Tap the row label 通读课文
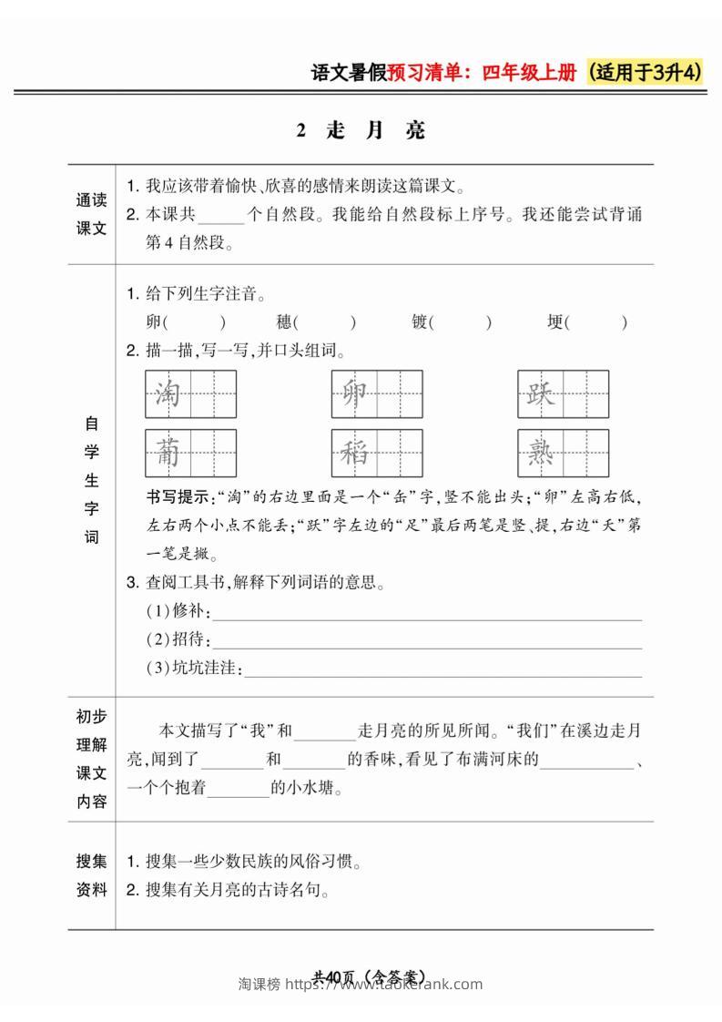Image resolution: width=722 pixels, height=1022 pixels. click(91, 215)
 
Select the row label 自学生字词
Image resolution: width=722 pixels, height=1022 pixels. click(91, 480)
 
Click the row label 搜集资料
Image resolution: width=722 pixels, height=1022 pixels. click(91, 874)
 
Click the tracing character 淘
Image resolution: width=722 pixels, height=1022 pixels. click(168, 393)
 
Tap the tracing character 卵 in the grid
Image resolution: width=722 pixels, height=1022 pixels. click(354, 393)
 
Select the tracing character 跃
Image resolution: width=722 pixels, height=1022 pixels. click(541, 393)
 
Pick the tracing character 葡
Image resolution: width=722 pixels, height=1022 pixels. click(168, 453)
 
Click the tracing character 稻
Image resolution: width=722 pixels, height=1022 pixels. click(354, 453)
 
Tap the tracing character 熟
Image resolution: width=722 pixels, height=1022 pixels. click(541, 453)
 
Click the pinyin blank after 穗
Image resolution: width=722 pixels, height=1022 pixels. click(327, 322)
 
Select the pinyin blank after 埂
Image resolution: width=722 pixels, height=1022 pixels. click(599, 322)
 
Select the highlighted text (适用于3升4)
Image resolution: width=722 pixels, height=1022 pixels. click(646, 74)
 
